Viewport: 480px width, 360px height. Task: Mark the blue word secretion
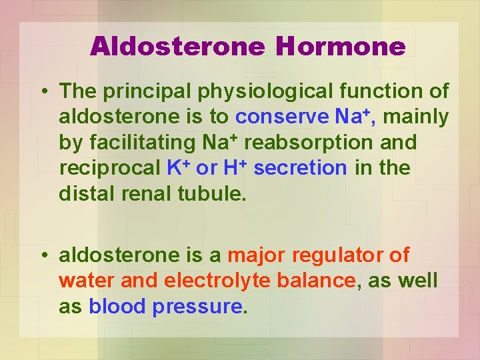[x=300, y=168]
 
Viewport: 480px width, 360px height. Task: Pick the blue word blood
[x=117, y=306]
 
